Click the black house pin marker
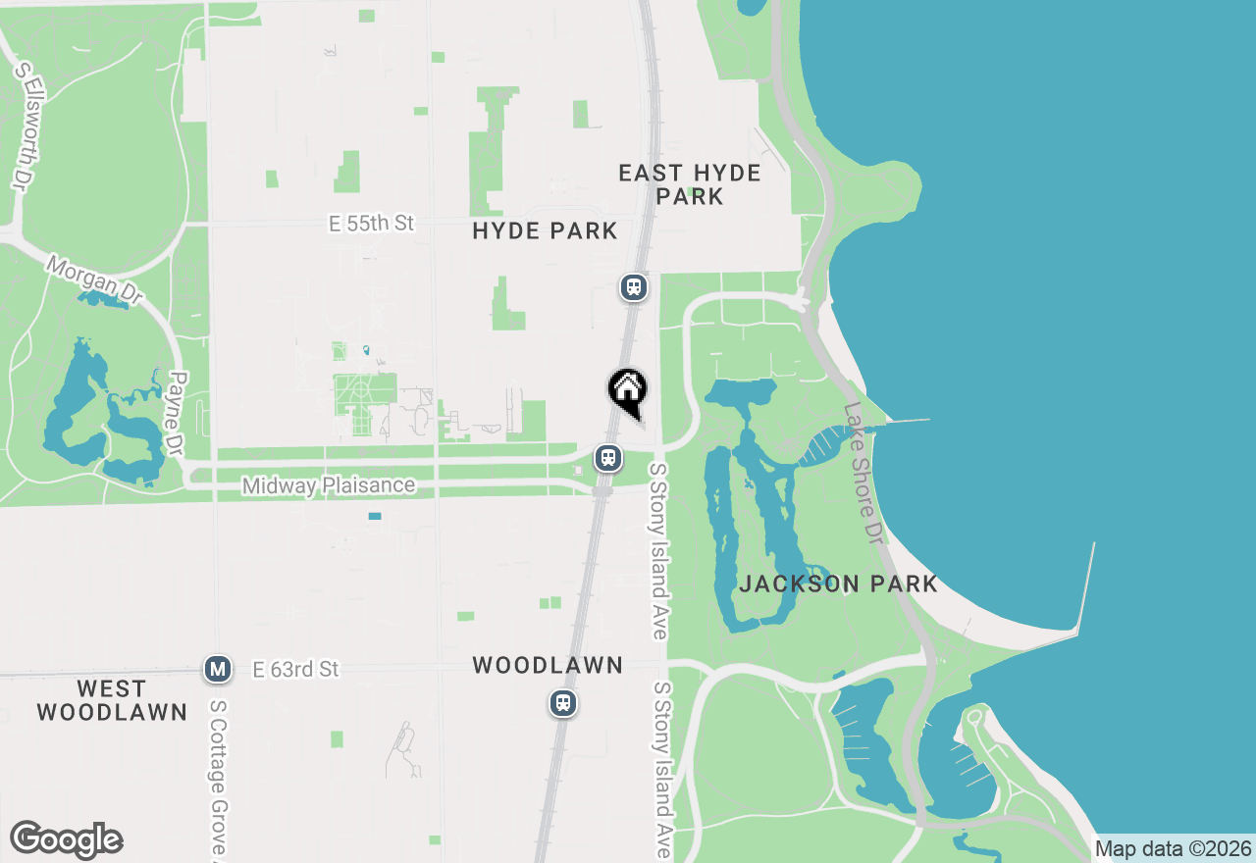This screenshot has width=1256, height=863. (x=627, y=391)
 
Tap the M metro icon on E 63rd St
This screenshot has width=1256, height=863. (x=217, y=670)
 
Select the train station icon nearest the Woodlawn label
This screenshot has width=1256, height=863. (x=562, y=703)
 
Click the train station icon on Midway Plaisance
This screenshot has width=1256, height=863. (x=608, y=458)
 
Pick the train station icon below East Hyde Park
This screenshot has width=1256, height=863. (x=634, y=286)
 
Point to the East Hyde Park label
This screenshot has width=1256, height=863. (x=690, y=184)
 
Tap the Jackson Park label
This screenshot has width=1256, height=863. (x=838, y=584)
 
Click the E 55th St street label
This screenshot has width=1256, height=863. (x=371, y=224)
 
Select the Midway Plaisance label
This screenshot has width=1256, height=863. (x=329, y=485)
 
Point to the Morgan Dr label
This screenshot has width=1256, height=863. (x=94, y=279)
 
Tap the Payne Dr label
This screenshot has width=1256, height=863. (x=177, y=413)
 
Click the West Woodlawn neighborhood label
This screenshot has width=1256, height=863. (x=112, y=700)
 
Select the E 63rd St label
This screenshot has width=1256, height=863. (x=296, y=670)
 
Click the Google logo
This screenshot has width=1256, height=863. (x=66, y=839)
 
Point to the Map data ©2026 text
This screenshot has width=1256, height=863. (x=1174, y=849)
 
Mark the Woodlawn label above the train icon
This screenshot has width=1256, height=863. (x=548, y=666)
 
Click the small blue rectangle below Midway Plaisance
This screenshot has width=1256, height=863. (x=374, y=516)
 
